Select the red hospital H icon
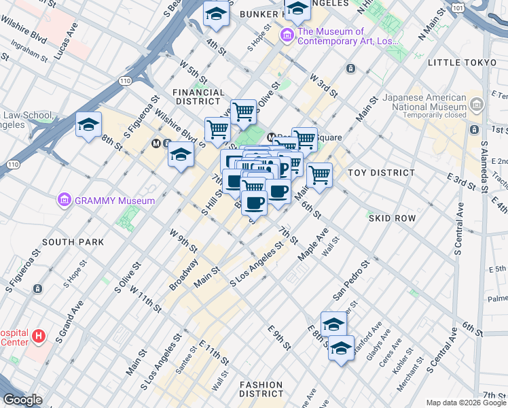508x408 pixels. (39, 336)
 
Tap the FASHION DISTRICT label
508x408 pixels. (261, 389)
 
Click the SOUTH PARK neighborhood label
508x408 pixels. (73, 242)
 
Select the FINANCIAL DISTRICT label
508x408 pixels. (198, 97)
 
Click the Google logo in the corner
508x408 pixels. (22, 400)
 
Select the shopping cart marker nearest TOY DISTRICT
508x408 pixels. (319, 175)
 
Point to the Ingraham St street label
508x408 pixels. (29, 54)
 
